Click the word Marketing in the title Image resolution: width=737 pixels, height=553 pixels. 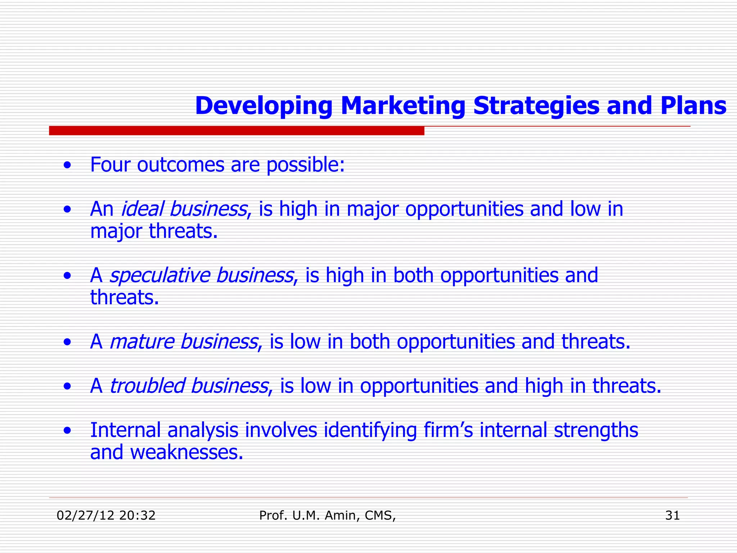point(403,106)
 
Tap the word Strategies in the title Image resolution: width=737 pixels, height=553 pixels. point(536,106)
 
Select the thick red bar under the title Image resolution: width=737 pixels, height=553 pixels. point(236,131)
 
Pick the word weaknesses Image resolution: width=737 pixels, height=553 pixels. point(187,453)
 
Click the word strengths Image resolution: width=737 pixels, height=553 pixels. point(596,430)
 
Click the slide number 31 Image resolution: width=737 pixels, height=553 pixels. point(672,516)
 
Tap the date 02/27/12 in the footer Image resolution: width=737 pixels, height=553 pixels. point(85,516)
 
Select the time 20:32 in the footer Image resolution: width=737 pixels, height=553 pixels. point(137,516)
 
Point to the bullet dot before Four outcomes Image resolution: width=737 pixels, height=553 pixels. point(67,166)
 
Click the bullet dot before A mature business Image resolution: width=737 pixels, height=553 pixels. point(67,343)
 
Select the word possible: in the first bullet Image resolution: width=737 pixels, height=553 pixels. point(306,166)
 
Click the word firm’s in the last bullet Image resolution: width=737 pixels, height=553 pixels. point(448,430)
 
